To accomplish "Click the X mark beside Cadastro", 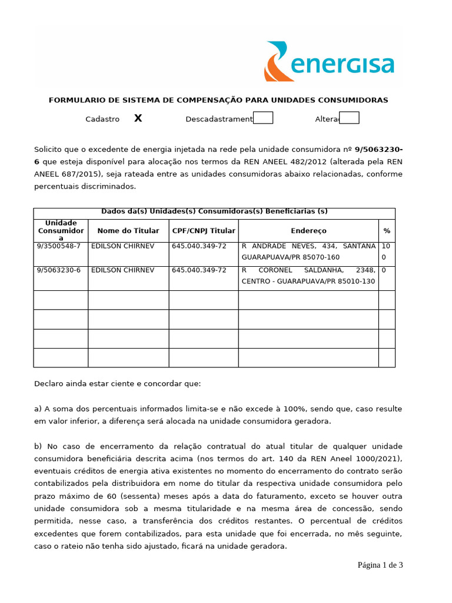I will tap(138, 118).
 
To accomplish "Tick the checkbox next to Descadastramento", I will tap(263, 118).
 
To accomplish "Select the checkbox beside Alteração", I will tap(350, 118).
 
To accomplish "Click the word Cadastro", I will tap(102, 119).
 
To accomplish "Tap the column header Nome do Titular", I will tap(128, 231).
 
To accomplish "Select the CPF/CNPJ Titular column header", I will tap(204, 231).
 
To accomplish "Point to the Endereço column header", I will tap(308, 231).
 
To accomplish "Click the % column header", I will tap(387, 231).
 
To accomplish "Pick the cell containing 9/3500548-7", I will tap(59, 246).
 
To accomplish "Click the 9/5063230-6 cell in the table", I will tap(59, 270).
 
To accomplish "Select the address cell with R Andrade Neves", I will tap(308, 251).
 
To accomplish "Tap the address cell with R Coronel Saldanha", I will tap(308, 276).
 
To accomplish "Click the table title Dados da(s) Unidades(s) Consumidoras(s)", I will tap(214, 211).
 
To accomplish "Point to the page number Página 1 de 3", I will tap(380, 565).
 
